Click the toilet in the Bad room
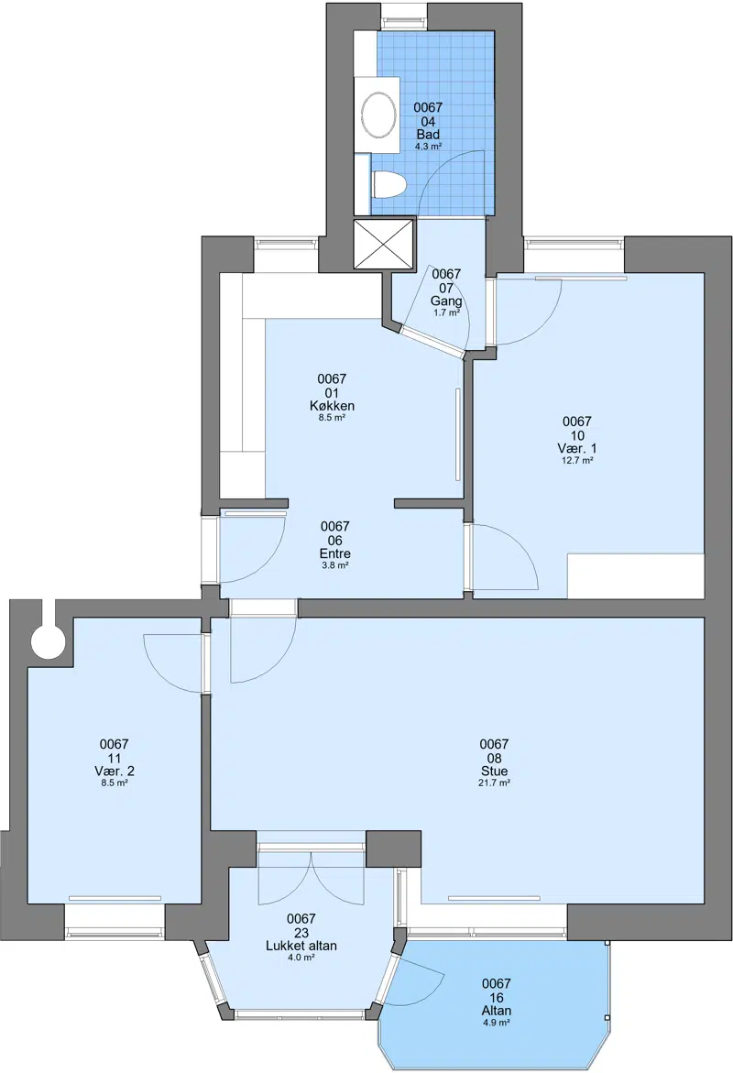tap(390, 185)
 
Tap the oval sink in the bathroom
tap(377, 115)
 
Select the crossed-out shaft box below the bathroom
tap(384, 244)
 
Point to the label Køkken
tap(332, 406)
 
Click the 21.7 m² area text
tap(494, 783)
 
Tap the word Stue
tap(494, 772)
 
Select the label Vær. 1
tap(577, 448)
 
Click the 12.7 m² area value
tap(577, 461)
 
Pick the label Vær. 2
tap(115, 772)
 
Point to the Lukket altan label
tap(301, 946)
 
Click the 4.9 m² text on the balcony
tap(497, 1023)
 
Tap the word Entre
tap(335, 553)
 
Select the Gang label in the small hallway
tap(446, 301)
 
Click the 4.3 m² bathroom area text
tap(428, 147)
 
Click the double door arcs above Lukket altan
tap(311, 878)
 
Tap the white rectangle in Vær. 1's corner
tap(636, 576)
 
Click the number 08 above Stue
tap(494, 758)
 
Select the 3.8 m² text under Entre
tap(335, 566)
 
